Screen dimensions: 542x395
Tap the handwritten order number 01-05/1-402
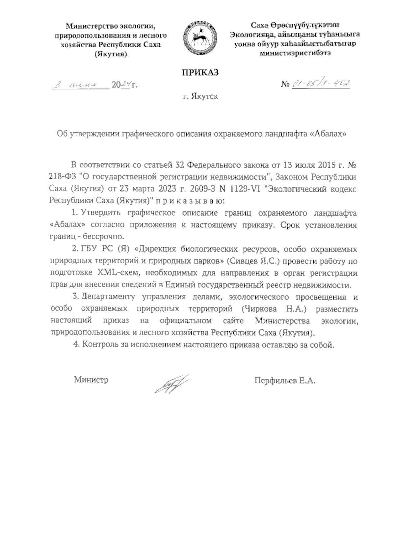(x=321, y=84)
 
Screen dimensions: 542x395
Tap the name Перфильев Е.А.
(x=285, y=381)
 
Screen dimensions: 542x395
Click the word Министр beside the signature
(x=91, y=380)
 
